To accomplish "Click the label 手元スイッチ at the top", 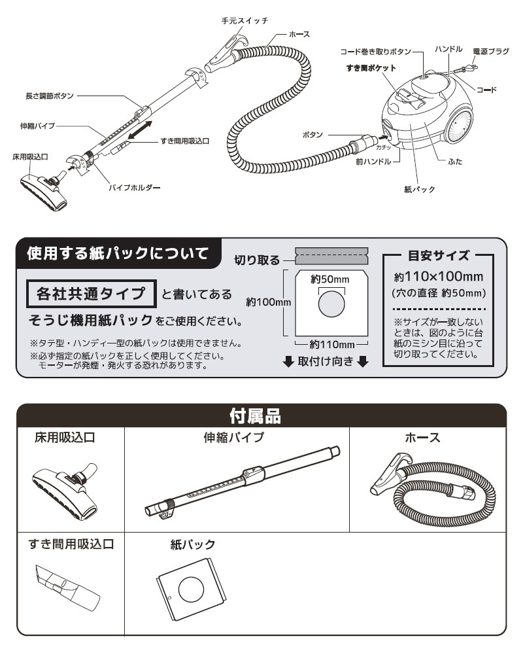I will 245,21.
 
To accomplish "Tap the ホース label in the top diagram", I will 299,35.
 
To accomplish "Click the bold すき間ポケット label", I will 371,67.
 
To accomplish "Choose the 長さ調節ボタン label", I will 50,96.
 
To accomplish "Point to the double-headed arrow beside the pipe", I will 141,129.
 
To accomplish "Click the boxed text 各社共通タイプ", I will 91,294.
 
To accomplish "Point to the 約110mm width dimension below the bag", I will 332,344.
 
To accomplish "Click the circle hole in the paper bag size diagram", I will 331,305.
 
